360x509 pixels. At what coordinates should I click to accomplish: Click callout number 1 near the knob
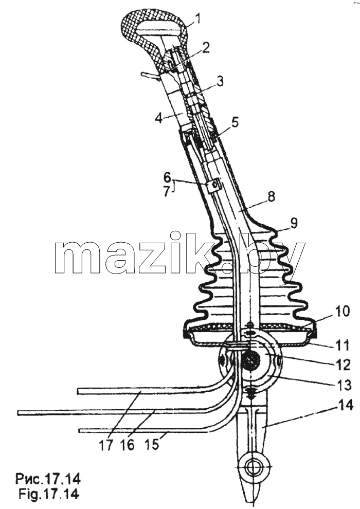[197, 19]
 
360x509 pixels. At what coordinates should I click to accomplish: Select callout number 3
[220, 81]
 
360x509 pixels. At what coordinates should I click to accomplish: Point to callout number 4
[159, 118]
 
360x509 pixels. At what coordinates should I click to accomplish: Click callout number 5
[235, 122]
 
